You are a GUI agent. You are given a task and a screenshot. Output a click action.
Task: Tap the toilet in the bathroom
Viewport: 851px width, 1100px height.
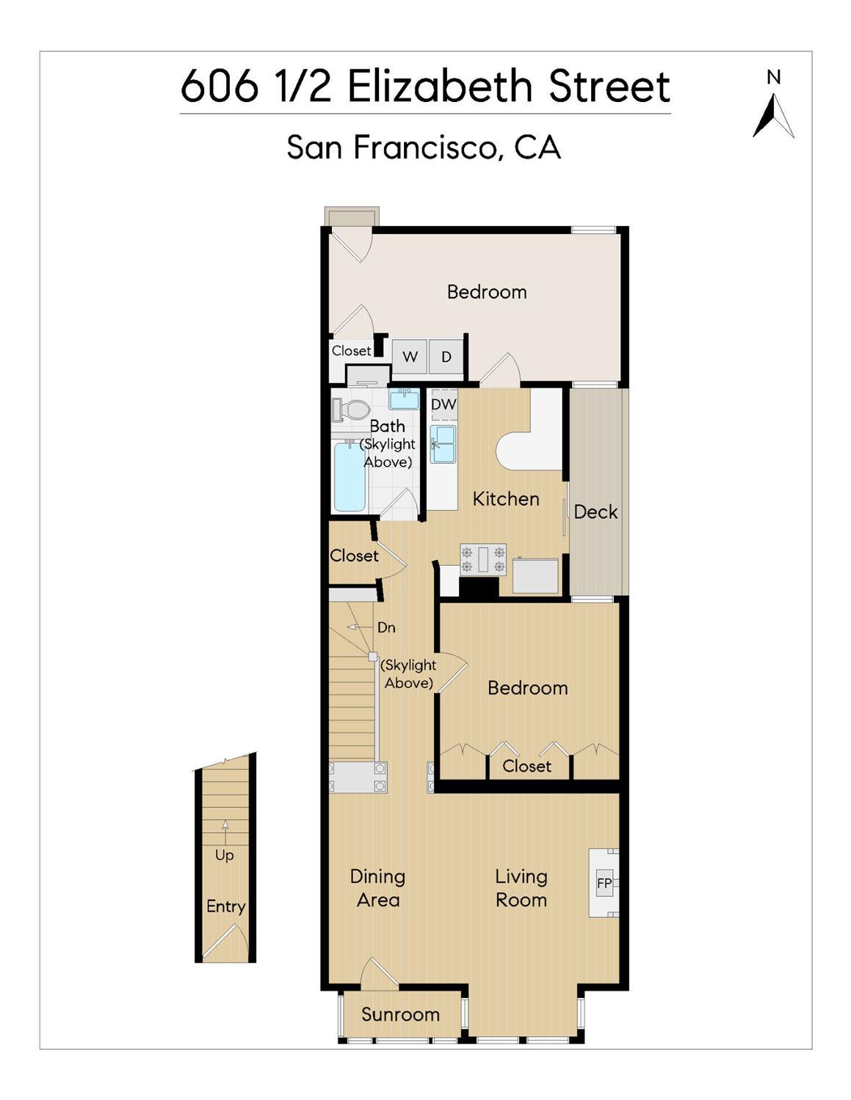(x=350, y=409)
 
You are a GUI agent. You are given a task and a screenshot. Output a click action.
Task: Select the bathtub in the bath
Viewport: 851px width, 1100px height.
(x=350, y=476)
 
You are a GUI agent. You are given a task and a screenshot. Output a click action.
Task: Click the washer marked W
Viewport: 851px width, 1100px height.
(x=409, y=357)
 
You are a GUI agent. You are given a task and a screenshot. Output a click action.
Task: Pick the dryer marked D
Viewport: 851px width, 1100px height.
(x=446, y=357)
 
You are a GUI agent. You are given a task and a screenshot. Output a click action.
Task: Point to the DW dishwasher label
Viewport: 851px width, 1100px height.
(x=443, y=404)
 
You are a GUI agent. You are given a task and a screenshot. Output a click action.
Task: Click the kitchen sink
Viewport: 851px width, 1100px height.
(x=443, y=443)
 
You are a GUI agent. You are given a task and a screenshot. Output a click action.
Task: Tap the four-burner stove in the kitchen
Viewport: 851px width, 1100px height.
(x=482, y=558)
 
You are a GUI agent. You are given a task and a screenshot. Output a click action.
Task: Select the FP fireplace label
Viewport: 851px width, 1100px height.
(x=604, y=883)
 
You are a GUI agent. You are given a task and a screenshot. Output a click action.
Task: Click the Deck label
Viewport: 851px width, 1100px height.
(x=595, y=511)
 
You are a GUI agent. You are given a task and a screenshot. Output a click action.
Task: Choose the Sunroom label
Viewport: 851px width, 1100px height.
(x=400, y=1014)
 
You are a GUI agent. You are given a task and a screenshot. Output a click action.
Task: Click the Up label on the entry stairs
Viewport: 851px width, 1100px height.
(x=225, y=855)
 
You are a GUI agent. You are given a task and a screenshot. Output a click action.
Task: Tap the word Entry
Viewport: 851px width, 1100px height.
(x=225, y=906)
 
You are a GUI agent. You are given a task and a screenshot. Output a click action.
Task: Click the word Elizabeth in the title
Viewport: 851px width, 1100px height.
(x=439, y=87)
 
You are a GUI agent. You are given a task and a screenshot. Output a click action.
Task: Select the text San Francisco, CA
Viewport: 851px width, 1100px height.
(x=424, y=147)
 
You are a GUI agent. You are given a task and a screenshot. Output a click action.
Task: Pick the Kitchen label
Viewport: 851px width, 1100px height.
(x=506, y=499)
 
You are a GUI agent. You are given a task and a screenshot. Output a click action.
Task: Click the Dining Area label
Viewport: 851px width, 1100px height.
(x=377, y=888)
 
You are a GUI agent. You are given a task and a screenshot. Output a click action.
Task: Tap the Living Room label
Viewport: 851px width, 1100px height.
(x=521, y=888)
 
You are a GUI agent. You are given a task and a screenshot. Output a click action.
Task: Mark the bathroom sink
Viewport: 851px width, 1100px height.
(x=404, y=399)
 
